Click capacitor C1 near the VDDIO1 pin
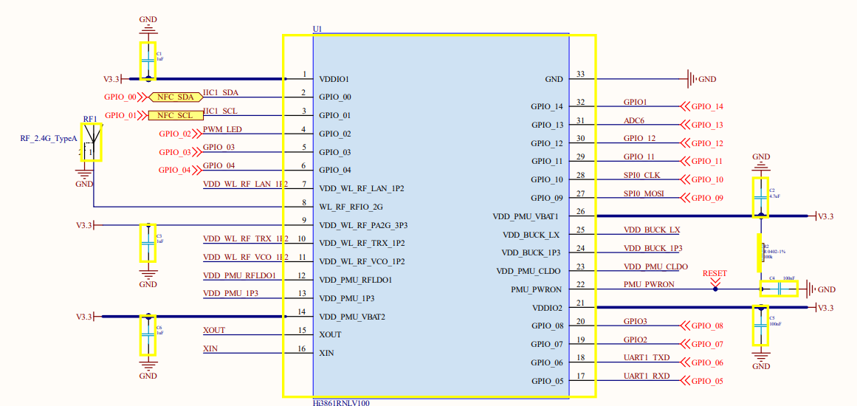click(x=148, y=61)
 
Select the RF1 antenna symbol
click(x=91, y=142)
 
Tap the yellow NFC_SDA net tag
click(x=175, y=97)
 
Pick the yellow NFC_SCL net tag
click(x=175, y=115)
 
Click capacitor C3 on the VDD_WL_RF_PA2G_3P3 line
click(x=148, y=242)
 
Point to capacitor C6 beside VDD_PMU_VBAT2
click(x=148, y=334)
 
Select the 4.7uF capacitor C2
click(x=760, y=197)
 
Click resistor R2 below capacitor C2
click(x=760, y=252)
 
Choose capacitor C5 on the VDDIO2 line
click(x=760, y=326)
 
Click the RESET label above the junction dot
click(x=715, y=273)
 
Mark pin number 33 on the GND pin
click(x=580, y=74)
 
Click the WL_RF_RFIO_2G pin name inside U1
click(x=351, y=207)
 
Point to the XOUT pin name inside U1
click(x=330, y=334)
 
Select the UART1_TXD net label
click(x=647, y=357)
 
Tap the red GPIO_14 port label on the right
click(x=706, y=106)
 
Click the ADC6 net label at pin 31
click(x=635, y=120)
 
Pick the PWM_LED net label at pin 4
click(x=222, y=129)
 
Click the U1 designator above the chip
click(x=317, y=29)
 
